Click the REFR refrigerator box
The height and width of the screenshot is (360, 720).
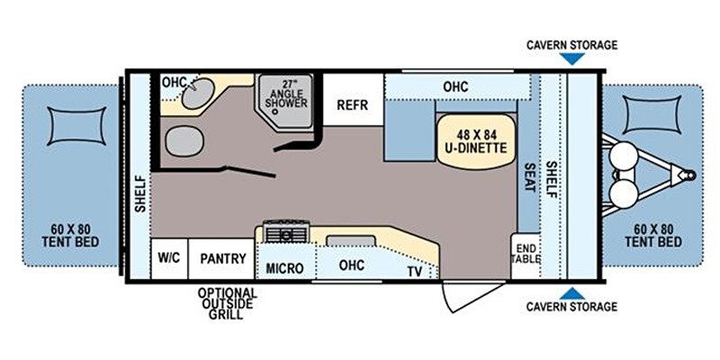coord(353,100)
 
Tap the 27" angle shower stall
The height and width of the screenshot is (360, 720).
coord(284,102)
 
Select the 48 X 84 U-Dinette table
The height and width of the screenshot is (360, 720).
coord(476,141)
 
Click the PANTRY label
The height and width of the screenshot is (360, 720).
coord(223,258)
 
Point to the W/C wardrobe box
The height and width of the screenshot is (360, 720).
coord(169,258)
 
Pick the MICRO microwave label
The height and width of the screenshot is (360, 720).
coord(284,268)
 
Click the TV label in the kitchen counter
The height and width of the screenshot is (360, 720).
coord(415,272)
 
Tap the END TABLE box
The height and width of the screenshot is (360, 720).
coord(526,256)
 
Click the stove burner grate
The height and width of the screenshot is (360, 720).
coord(286,232)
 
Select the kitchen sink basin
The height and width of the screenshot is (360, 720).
coord(350,242)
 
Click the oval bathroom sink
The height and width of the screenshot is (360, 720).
coord(198,94)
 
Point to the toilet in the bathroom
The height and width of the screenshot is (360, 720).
coord(184,142)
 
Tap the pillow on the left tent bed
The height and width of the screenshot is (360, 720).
coord(76,126)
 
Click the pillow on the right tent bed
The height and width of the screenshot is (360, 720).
coord(652,114)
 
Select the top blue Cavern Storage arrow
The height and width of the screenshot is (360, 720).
coord(572,58)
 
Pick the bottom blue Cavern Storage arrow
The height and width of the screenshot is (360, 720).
coord(572,294)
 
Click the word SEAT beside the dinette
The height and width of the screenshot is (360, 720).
coord(530,177)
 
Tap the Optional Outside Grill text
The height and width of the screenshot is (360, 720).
coord(228,303)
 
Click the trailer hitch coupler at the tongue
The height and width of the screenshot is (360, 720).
coord(688,175)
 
